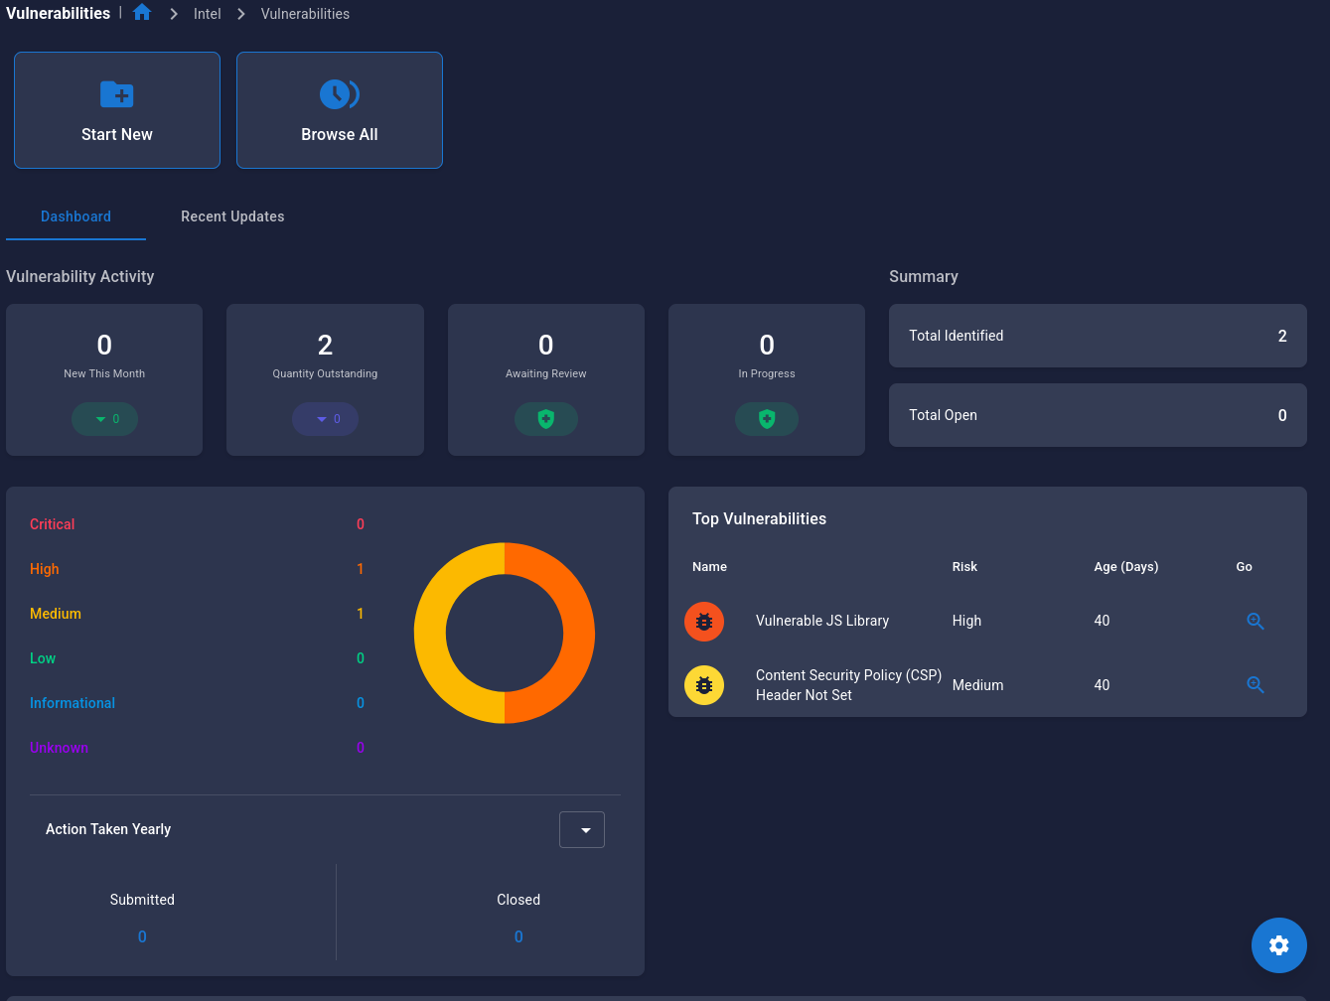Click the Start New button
pyautogui.click(x=117, y=110)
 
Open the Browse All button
pyautogui.click(x=340, y=110)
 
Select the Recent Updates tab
pyautogui.click(x=232, y=216)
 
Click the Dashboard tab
pyautogui.click(x=75, y=216)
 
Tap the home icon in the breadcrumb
pyautogui.click(x=142, y=13)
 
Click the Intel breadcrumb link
pyautogui.click(x=207, y=14)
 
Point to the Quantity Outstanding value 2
pyautogui.click(x=325, y=345)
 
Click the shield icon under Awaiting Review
pyautogui.click(x=545, y=419)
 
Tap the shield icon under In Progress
pyautogui.click(x=766, y=419)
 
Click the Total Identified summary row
pyautogui.click(x=1097, y=336)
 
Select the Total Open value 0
pyautogui.click(x=1281, y=415)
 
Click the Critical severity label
pyautogui.click(x=53, y=524)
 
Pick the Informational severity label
pyautogui.click(x=73, y=703)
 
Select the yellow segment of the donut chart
pyautogui.click(x=430, y=633)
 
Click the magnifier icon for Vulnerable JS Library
pyautogui.click(x=1255, y=621)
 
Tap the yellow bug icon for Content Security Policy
pyautogui.click(x=704, y=685)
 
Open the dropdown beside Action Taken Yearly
pyautogui.click(x=582, y=830)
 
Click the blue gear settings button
pyautogui.click(x=1278, y=945)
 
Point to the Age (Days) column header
pyautogui.click(x=1125, y=567)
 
